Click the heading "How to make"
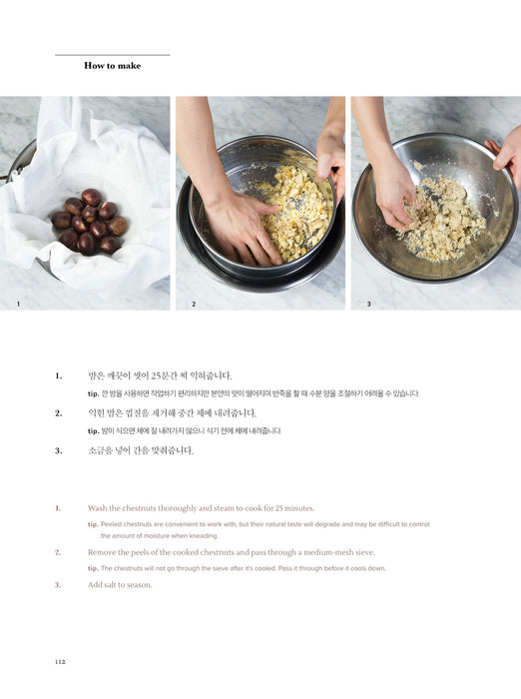(x=113, y=66)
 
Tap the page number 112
(x=60, y=661)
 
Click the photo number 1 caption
(x=18, y=304)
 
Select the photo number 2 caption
(x=194, y=304)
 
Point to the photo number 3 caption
(x=368, y=304)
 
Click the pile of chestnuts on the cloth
(x=90, y=222)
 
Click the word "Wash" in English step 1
(x=97, y=508)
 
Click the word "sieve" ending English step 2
(x=365, y=552)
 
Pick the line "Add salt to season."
(x=120, y=585)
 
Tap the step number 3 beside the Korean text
(x=58, y=450)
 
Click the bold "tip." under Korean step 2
(x=93, y=431)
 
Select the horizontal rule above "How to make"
(x=113, y=55)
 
